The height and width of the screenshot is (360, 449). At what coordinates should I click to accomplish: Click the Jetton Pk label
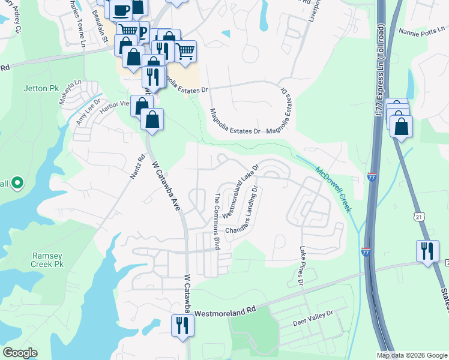(41, 88)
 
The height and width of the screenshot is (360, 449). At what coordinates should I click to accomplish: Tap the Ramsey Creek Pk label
(47, 260)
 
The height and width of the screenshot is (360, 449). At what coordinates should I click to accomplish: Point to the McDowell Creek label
(332, 187)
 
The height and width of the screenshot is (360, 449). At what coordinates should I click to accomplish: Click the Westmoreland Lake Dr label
(240, 190)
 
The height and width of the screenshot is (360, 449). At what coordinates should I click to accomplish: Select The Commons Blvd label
(218, 221)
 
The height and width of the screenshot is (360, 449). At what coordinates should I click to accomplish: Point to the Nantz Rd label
(137, 168)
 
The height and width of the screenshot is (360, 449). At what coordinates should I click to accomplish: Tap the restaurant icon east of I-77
(427, 250)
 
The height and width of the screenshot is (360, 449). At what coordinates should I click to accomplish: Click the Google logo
(20, 353)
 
